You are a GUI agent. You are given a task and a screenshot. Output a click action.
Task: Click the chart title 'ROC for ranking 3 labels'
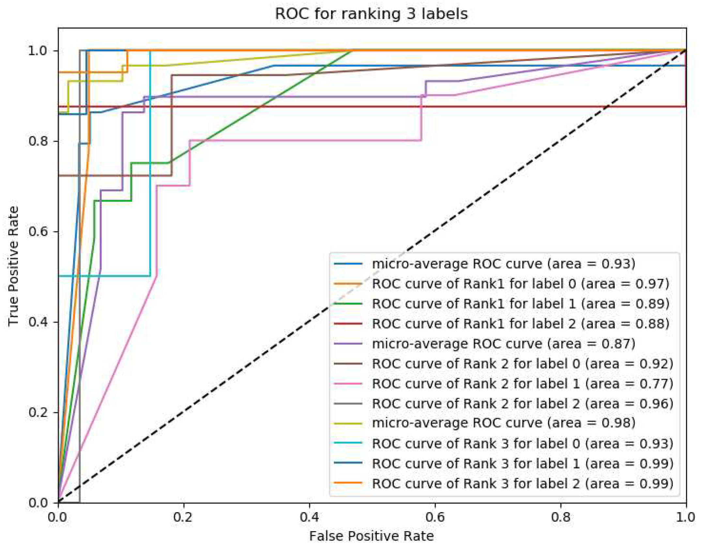coord(371,14)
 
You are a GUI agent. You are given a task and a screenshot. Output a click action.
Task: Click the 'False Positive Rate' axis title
coord(371,536)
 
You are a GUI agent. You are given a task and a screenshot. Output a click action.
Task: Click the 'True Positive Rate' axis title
coord(13,266)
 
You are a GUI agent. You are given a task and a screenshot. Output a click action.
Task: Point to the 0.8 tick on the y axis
coord(38,141)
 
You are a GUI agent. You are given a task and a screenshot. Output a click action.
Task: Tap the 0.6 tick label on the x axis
coord(435,517)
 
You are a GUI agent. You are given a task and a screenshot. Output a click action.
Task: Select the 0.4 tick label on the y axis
coord(38,322)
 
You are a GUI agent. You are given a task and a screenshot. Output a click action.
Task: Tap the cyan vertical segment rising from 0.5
coord(150,163)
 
